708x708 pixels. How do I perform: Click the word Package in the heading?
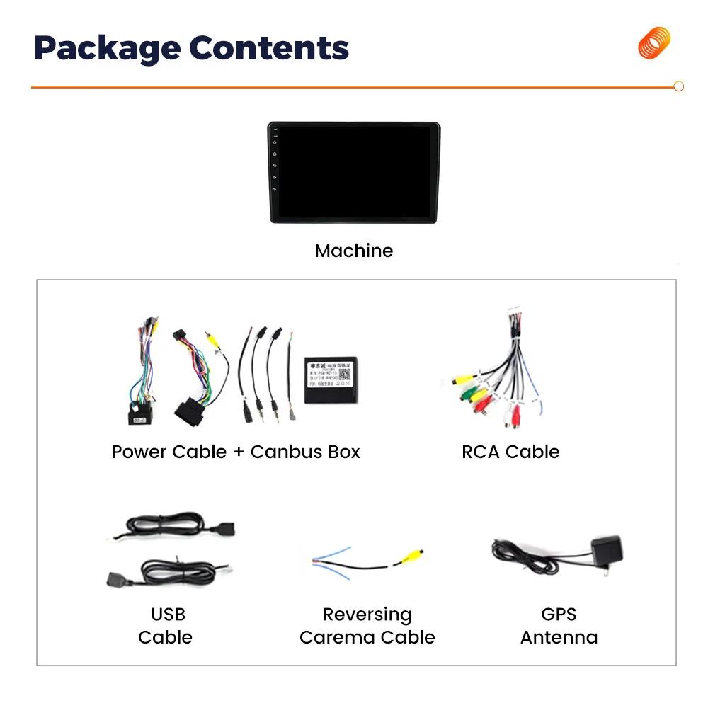click(106, 48)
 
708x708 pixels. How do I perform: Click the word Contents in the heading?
click(269, 48)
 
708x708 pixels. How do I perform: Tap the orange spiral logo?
click(654, 43)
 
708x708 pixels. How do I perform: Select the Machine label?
click(353, 251)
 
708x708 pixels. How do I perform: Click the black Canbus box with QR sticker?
click(329, 379)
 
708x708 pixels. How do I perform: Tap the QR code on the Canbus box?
click(344, 374)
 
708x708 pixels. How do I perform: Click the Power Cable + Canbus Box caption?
click(236, 452)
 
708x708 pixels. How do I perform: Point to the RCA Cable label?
click(510, 452)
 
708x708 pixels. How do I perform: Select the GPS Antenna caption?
click(559, 626)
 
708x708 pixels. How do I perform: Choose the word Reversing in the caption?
click(367, 615)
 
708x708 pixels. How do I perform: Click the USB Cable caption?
click(166, 626)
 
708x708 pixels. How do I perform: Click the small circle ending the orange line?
click(678, 86)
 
